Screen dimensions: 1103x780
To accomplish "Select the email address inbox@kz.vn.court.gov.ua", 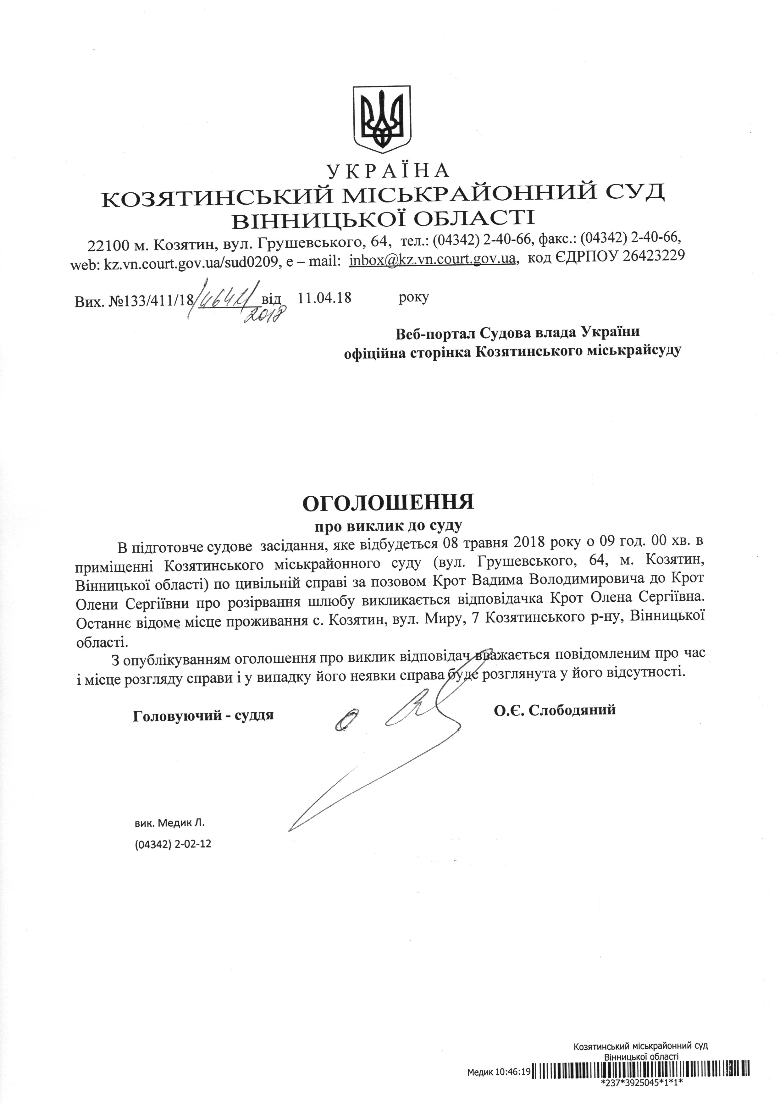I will point(433,259).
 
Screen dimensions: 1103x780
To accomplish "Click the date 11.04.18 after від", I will point(324,298).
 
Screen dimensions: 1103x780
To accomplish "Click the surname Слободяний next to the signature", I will point(572,709).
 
